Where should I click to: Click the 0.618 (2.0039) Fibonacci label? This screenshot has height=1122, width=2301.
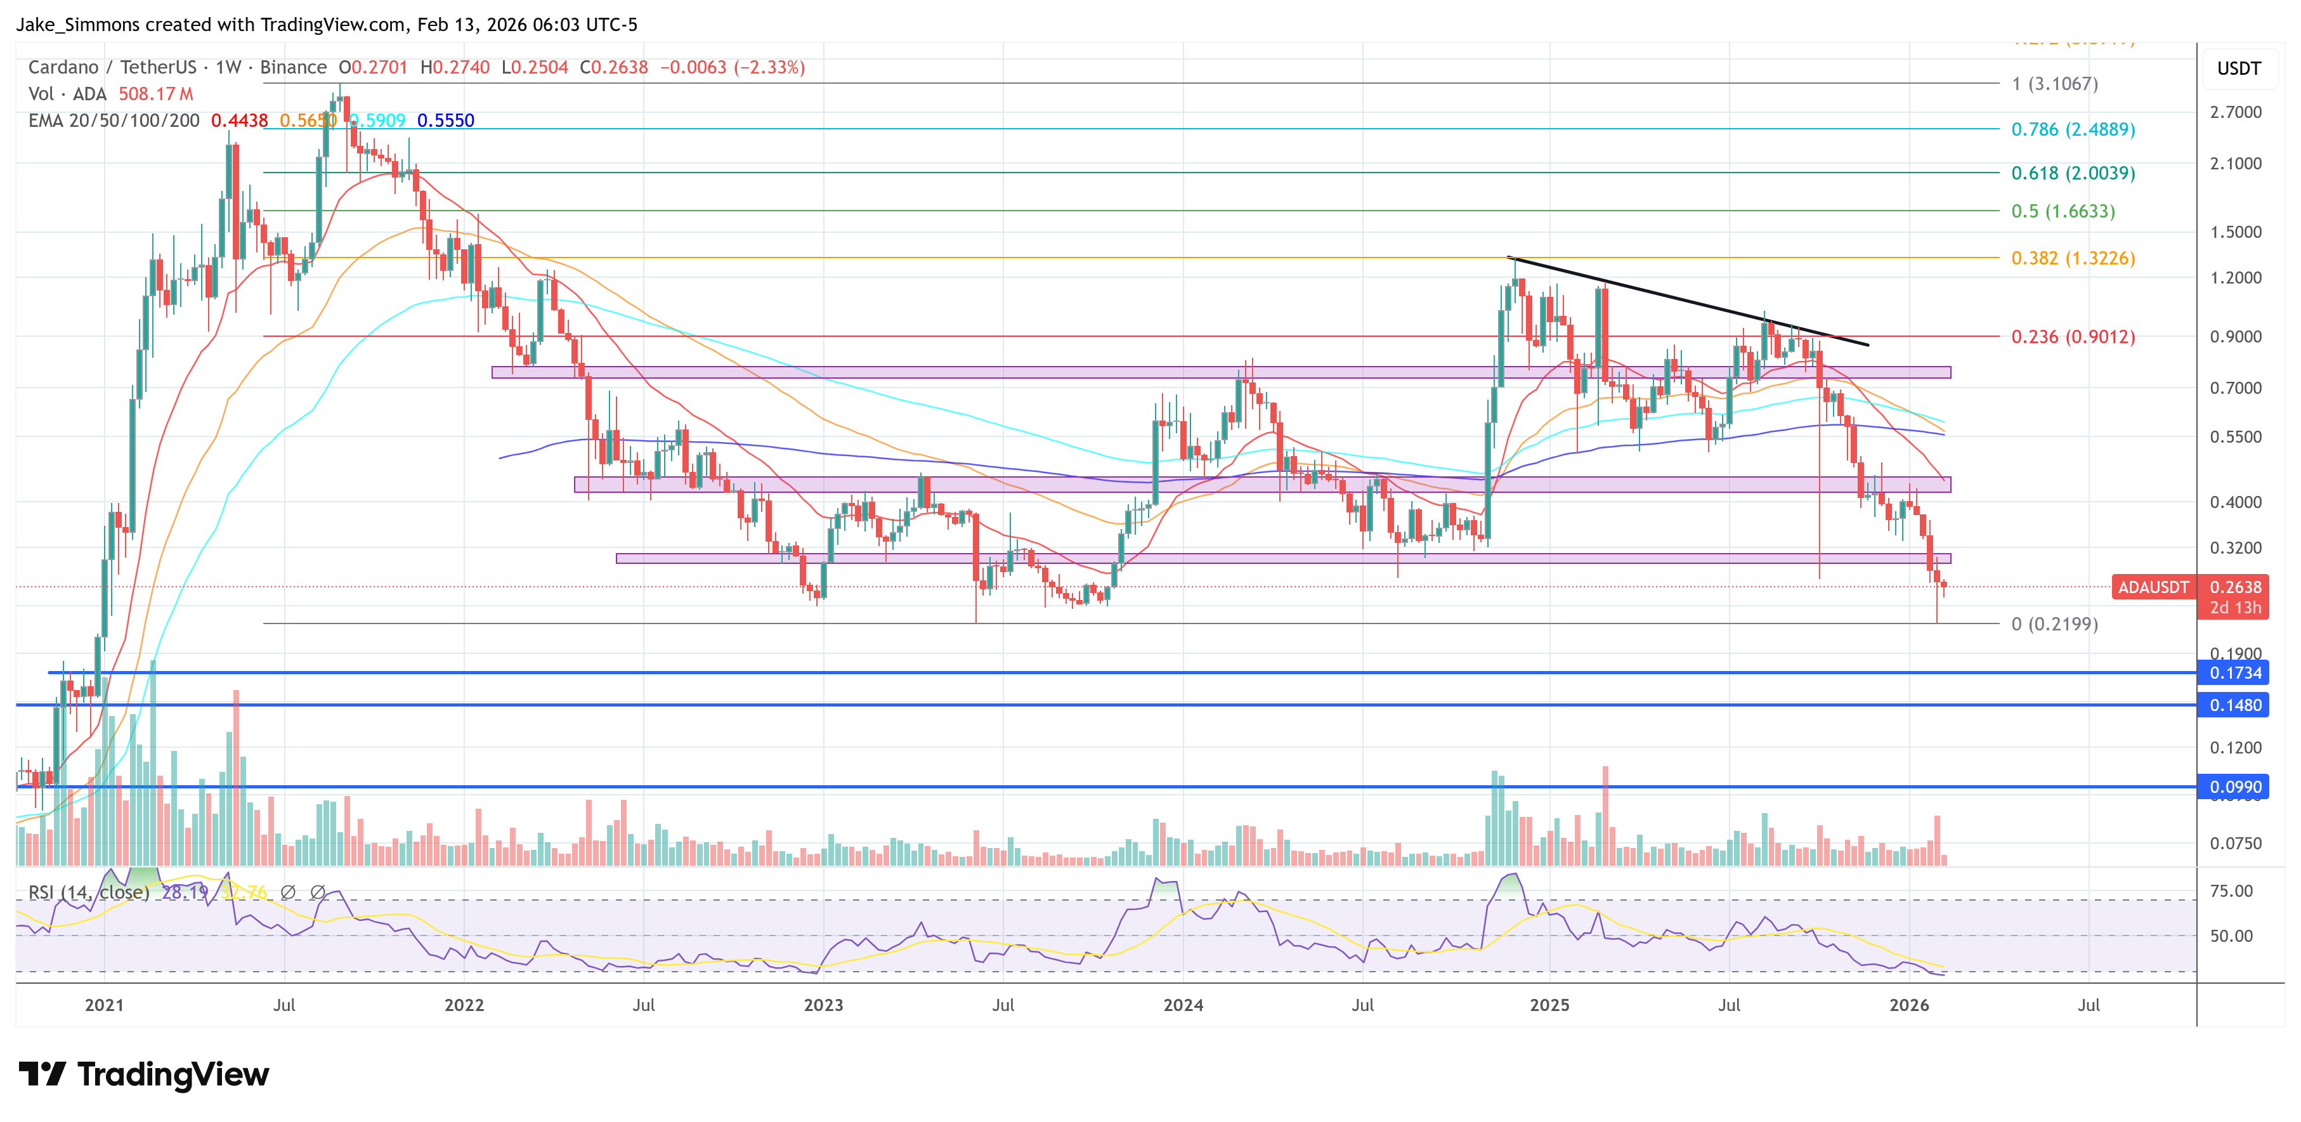pyautogui.click(x=2072, y=173)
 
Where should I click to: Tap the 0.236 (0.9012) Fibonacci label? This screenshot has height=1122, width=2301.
pyautogui.click(x=2072, y=337)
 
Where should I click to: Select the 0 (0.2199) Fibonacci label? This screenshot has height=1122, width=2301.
pyautogui.click(x=2054, y=624)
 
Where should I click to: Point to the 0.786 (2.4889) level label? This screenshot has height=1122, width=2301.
pyautogui.click(x=2072, y=129)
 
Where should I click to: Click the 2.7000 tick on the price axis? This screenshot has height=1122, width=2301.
pyautogui.click(x=2235, y=112)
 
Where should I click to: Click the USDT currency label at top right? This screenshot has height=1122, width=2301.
pyautogui.click(x=2238, y=68)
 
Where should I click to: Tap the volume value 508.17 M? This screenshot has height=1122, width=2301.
pyautogui.click(x=155, y=94)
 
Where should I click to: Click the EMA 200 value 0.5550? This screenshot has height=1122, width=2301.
pyautogui.click(x=446, y=121)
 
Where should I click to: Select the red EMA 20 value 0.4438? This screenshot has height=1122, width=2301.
pyautogui.click(x=239, y=121)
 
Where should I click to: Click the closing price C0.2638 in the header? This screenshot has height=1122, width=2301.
pyautogui.click(x=614, y=68)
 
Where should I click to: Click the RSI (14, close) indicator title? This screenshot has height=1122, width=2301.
pyautogui.click(x=88, y=892)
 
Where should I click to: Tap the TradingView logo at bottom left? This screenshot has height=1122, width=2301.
pyautogui.click(x=143, y=1074)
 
